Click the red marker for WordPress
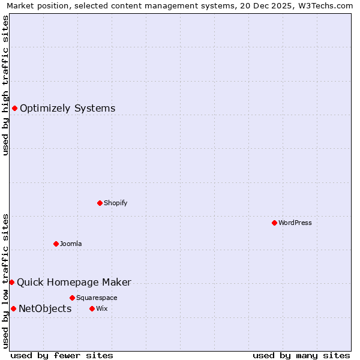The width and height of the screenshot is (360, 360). click(274, 223)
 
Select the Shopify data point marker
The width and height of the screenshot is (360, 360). click(100, 203)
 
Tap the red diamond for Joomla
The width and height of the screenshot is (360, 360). click(56, 244)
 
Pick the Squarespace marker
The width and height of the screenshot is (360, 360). click(72, 298)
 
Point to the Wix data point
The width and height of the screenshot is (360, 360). click(92, 308)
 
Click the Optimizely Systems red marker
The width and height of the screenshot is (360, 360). click(14, 108)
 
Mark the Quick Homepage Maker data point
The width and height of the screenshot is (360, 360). click(11, 282)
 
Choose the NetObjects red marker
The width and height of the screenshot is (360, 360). click(13, 308)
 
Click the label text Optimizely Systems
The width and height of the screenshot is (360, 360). click(67, 109)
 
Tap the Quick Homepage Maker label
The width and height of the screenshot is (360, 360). click(74, 283)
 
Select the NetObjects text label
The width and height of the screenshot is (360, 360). click(45, 309)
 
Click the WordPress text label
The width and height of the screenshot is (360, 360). click(295, 223)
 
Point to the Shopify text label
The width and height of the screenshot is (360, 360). click(116, 203)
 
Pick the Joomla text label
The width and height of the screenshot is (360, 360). click(71, 244)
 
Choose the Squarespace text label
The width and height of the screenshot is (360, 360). click(97, 298)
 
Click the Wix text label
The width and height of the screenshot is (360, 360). click(101, 308)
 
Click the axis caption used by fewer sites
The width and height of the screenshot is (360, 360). click(62, 355)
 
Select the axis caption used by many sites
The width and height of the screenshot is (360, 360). click(301, 355)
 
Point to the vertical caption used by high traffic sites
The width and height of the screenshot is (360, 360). click(6, 85)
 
